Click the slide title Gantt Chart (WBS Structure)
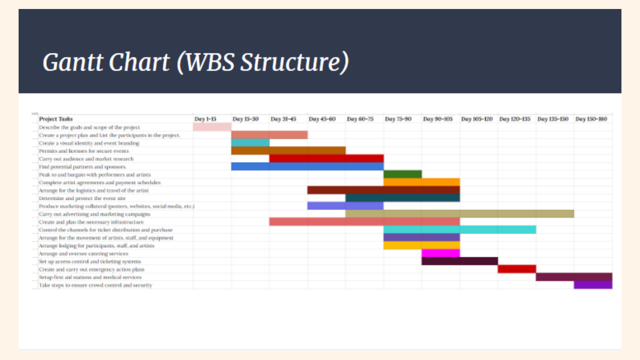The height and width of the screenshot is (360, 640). (196, 62)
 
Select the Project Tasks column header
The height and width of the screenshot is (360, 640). (56, 119)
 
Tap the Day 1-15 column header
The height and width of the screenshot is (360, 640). (205, 119)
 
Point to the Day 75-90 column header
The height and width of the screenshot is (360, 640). (398, 119)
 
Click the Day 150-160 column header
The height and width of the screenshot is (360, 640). (591, 119)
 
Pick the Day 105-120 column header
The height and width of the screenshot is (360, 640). (477, 119)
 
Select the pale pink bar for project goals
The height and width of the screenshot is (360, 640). (212, 127)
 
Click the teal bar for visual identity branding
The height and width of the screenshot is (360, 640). (250, 143)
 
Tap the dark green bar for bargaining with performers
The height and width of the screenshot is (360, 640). (403, 174)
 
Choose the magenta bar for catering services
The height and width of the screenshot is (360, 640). (441, 253)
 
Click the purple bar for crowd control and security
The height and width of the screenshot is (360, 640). (593, 285)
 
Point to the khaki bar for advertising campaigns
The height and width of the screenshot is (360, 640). (460, 214)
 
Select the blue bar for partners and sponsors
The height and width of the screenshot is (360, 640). (307, 166)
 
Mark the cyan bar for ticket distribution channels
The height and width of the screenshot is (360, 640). (460, 230)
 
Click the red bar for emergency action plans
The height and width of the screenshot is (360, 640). (517, 269)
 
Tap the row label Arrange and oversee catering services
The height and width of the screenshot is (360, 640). (83, 254)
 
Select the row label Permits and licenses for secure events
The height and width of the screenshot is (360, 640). (84, 151)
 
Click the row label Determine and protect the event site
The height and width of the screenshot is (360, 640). (82, 198)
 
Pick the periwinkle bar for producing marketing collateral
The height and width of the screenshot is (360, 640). (345, 206)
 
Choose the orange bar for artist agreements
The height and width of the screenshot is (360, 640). (422, 182)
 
